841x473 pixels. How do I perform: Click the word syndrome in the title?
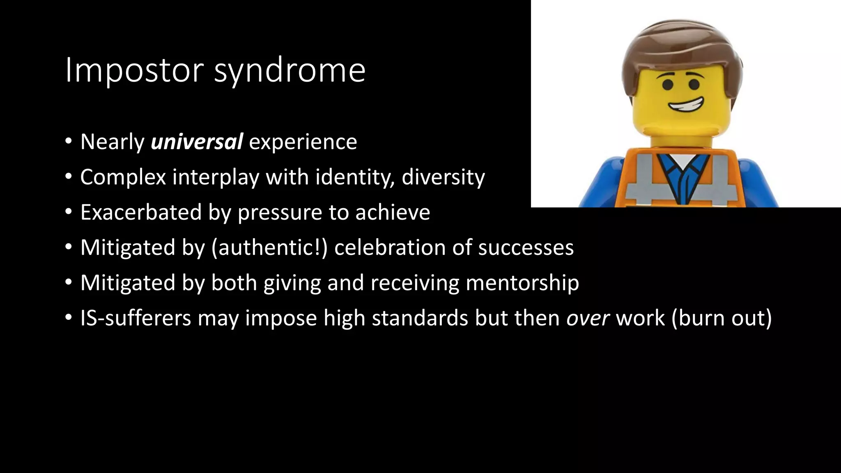pos(290,71)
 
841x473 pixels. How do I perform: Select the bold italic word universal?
pos(197,142)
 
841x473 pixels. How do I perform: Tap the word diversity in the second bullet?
pos(443,177)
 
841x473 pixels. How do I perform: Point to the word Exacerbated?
pos(141,212)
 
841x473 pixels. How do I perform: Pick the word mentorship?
pos(522,283)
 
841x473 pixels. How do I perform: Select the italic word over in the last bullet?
pos(588,318)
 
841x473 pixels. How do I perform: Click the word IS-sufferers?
pos(136,318)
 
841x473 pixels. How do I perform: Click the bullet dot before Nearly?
pos(68,142)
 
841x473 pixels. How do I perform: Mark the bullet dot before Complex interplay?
pos(68,177)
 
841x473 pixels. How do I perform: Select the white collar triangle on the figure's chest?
pos(680,162)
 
